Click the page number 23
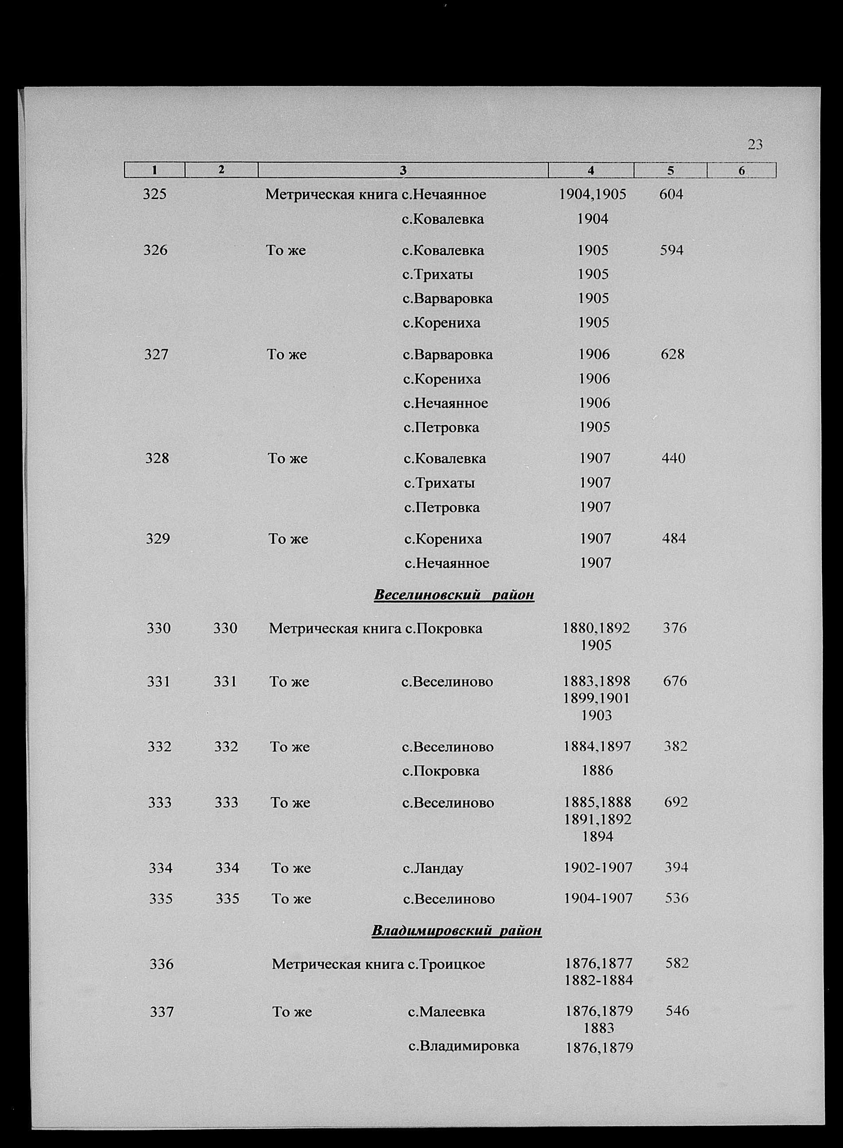coord(755,145)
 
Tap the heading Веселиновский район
coord(454,595)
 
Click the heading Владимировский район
coord(456,930)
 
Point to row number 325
coord(155,195)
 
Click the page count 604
coord(671,195)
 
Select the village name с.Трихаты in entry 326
coord(437,275)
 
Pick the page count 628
coord(672,354)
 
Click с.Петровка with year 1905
coord(441,427)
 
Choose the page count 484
coord(674,539)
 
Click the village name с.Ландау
coord(433,868)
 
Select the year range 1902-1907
coord(598,867)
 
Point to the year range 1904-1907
coord(598,898)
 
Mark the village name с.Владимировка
coord(463,1046)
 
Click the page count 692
coord(676,802)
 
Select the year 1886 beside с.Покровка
coord(597,771)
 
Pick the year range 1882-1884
coord(598,980)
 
